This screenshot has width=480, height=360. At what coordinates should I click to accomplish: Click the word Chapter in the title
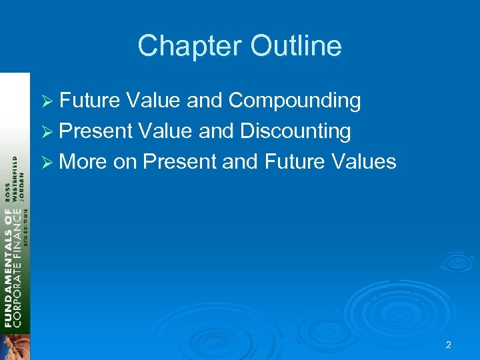pyautogui.click(x=190, y=46)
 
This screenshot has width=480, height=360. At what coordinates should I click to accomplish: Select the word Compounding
pyautogui.click(x=294, y=101)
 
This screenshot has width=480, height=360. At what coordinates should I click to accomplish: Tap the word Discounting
pyautogui.click(x=295, y=131)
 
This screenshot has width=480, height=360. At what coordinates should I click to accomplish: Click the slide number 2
pyautogui.click(x=448, y=345)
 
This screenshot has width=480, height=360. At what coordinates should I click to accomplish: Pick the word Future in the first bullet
pyautogui.click(x=89, y=101)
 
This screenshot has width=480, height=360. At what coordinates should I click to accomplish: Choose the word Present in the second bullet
pyautogui.click(x=96, y=131)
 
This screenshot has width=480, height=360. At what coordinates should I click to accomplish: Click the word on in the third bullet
pyautogui.click(x=125, y=161)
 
